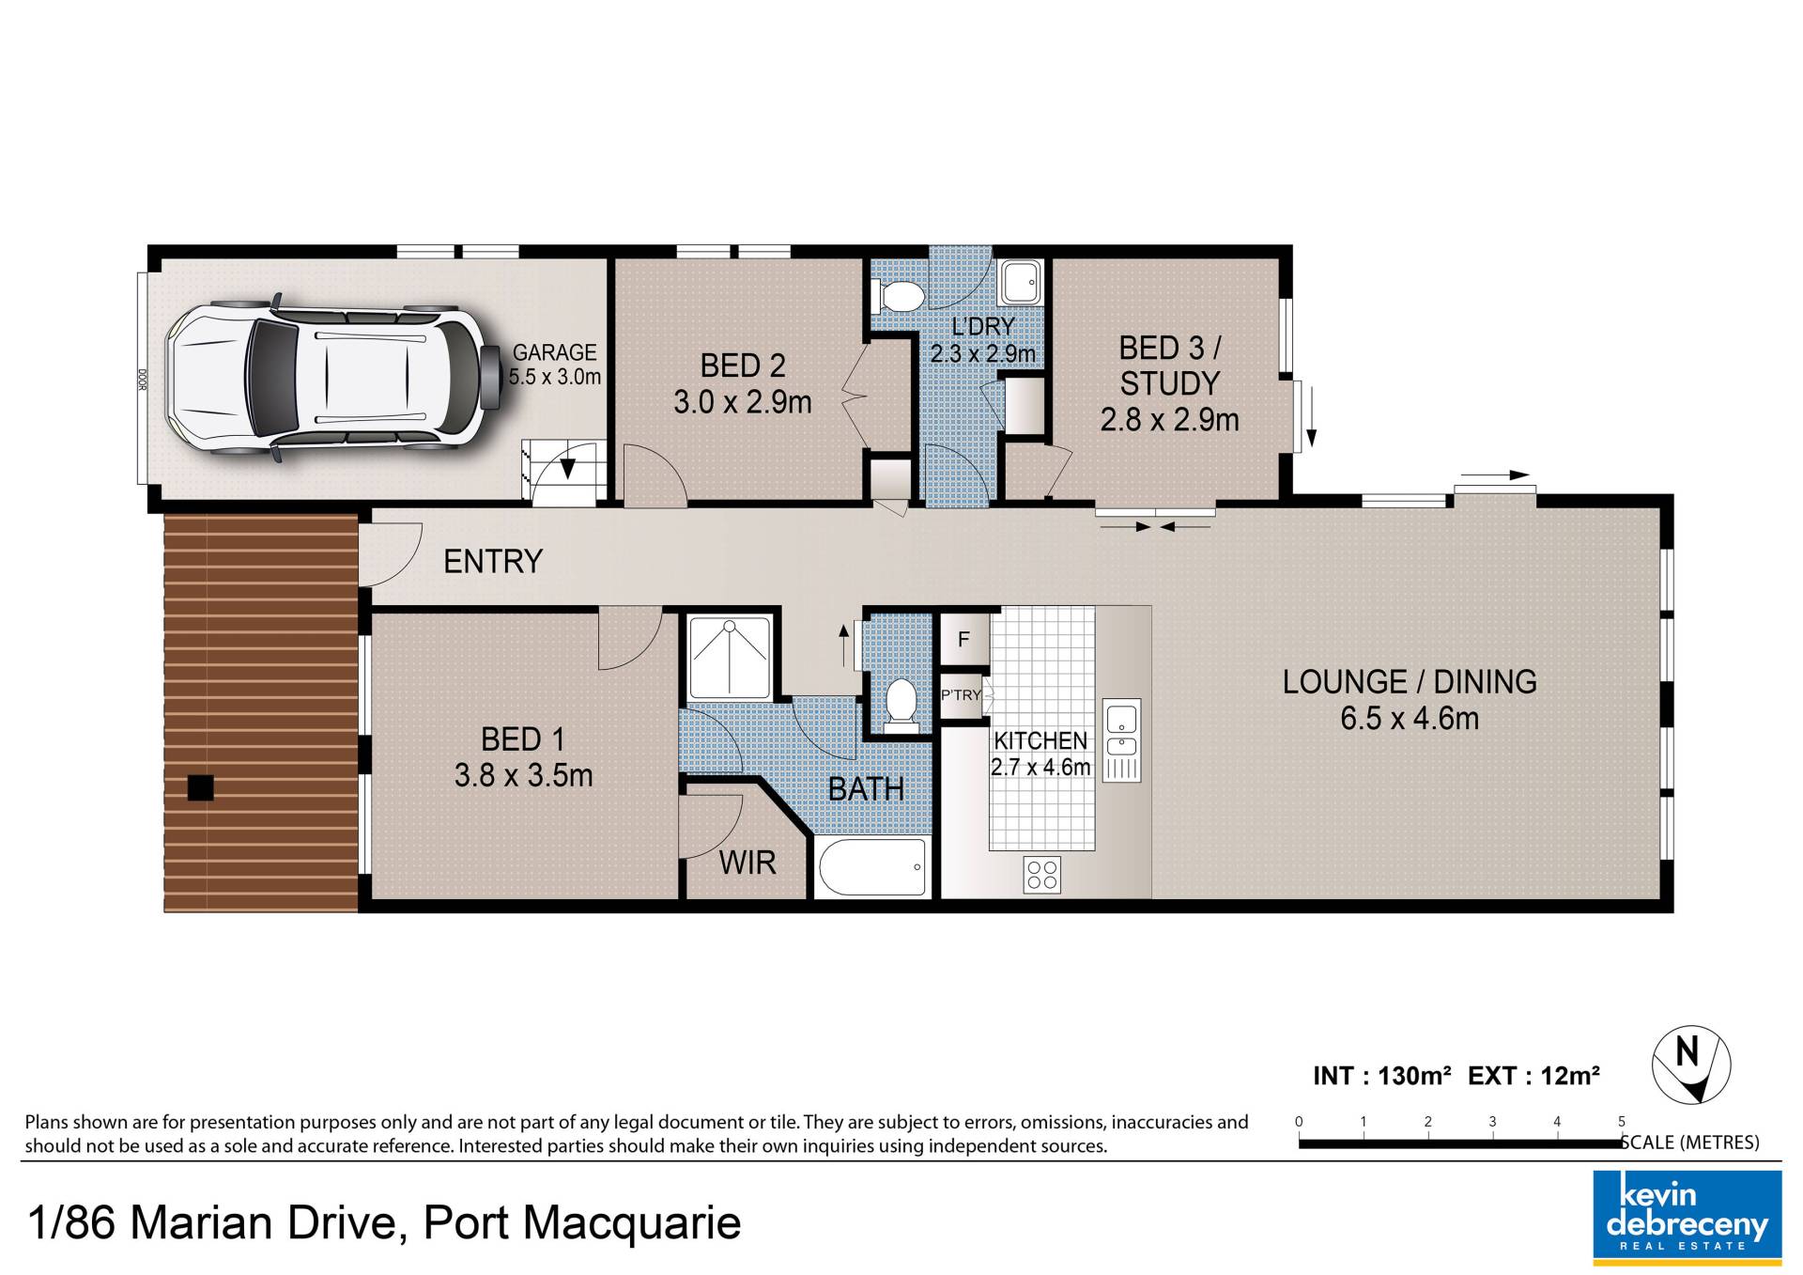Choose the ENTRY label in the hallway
click(493, 561)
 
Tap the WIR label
click(747, 862)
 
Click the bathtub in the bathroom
click(873, 866)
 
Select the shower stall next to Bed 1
click(730, 657)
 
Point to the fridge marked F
click(963, 640)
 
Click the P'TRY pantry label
click(961, 695)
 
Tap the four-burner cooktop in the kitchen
click(1042, 874)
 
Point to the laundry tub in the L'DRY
click(1020, 281)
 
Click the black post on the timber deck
click(201, 787)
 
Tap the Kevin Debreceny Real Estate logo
click(1687, 1213)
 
